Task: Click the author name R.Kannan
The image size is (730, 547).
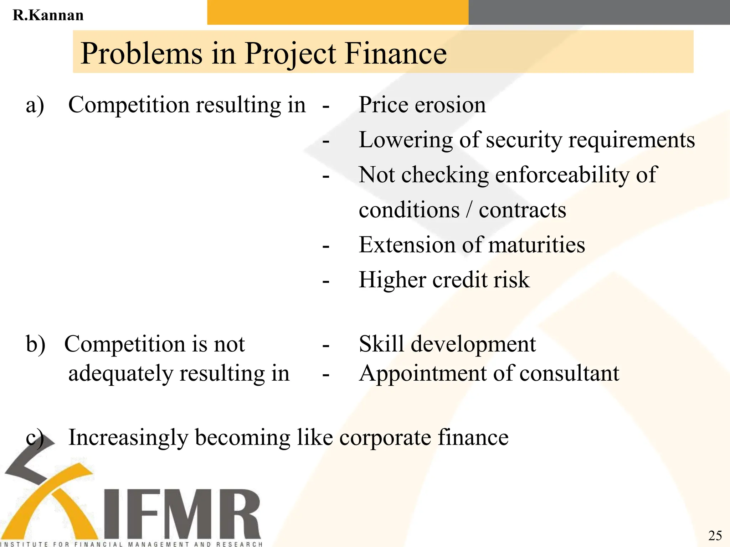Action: point(48,15)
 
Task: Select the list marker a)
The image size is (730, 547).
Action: point(35,105)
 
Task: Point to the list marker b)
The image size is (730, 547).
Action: point(36,344)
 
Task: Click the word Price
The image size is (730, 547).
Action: point(383,105)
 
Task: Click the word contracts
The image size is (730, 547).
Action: point(522,210)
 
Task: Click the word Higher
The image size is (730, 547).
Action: point(392,280)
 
